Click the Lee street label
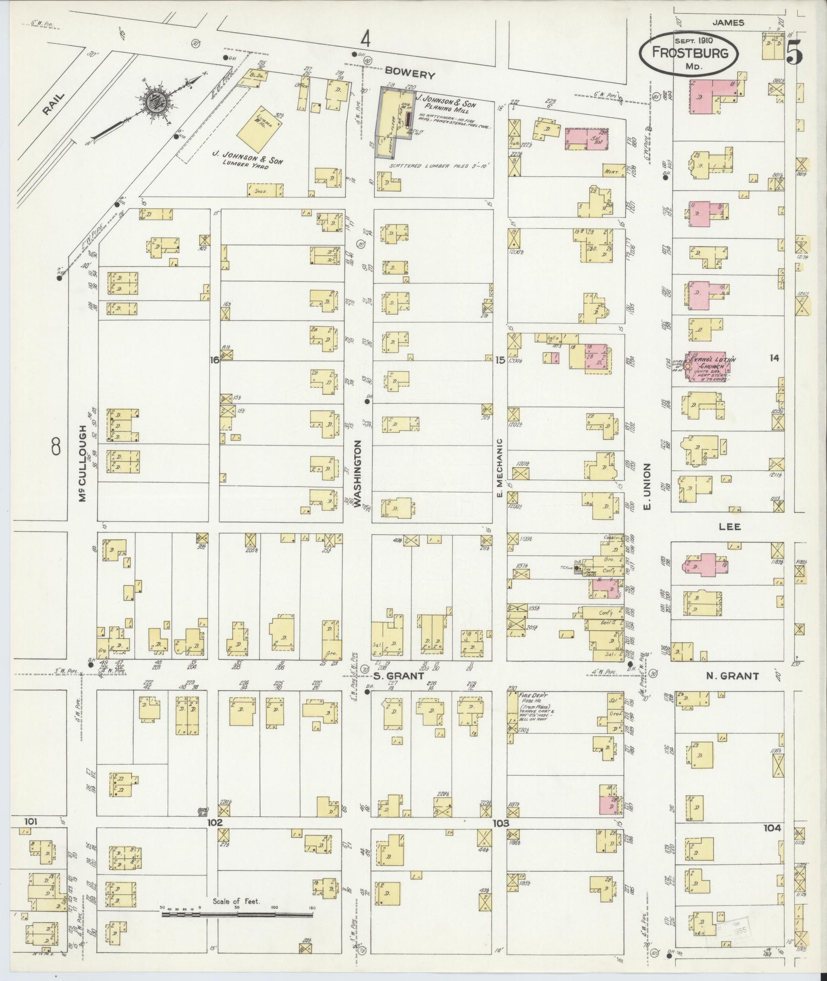pos(730,527)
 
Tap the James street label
pos(728,23)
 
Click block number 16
pos(214,360)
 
